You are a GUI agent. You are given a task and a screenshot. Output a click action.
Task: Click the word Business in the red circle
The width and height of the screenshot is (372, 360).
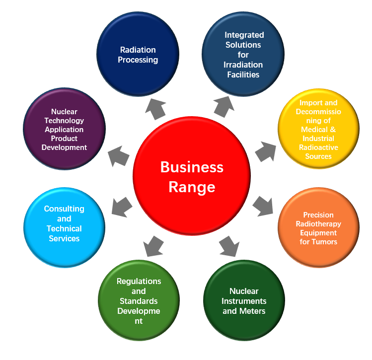(x=192, y=167)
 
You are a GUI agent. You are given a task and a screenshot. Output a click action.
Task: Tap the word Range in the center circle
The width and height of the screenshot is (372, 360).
(x=192, y=187)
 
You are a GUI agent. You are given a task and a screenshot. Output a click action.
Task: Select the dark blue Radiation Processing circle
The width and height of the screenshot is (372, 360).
(x=138, y=54)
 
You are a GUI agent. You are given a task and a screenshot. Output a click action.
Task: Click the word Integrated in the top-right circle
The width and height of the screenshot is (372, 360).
(x=244, y=35)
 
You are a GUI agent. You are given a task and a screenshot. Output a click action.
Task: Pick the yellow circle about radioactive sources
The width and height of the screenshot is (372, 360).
(x=318, y=130)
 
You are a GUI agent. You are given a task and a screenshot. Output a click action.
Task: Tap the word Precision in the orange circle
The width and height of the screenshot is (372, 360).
(x=318, y=215)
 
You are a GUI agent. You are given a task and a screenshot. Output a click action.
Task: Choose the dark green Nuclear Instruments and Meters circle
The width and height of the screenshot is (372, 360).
(x=244, y=301)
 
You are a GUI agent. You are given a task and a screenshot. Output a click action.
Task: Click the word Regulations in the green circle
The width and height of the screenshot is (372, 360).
(x=139, y=281)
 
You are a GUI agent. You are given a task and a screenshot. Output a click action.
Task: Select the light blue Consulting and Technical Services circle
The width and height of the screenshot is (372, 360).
(x=65, y=224)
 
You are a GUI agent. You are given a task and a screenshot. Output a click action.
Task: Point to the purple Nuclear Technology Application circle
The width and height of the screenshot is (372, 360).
(x=65, y=130)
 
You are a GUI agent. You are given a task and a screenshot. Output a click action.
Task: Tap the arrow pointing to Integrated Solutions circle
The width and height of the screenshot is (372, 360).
(x=225, y=106)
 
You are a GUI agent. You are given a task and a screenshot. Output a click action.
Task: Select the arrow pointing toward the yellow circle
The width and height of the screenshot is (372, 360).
(x=265, y=150)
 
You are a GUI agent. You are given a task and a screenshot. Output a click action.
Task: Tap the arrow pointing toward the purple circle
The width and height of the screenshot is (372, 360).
(x=119, y=155)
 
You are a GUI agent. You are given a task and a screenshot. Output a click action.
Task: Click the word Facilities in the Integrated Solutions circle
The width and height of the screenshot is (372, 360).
(x=244, y=74)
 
